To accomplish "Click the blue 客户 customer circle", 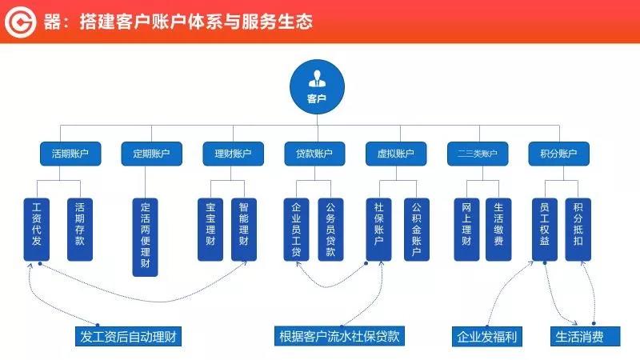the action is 317,87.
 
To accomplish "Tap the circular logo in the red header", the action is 21,22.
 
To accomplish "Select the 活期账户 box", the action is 70,154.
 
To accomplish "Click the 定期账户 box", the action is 151,154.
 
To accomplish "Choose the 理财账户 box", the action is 233,154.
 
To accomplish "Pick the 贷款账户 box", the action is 314,154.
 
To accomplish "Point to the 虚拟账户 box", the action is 396,154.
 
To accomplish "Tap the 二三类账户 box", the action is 478,154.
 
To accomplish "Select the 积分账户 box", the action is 558,154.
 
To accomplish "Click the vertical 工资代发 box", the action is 37,230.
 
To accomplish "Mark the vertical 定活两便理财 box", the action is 146,237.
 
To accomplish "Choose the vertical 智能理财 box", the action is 244,230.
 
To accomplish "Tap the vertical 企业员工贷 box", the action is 296,230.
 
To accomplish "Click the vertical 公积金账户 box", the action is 417,230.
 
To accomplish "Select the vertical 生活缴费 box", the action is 498,230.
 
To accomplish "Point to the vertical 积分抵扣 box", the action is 578,230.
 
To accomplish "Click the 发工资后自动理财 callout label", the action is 128,336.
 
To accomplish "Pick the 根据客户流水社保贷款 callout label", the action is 339,336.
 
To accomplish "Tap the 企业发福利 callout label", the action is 487,337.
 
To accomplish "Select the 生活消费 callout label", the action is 585,337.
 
